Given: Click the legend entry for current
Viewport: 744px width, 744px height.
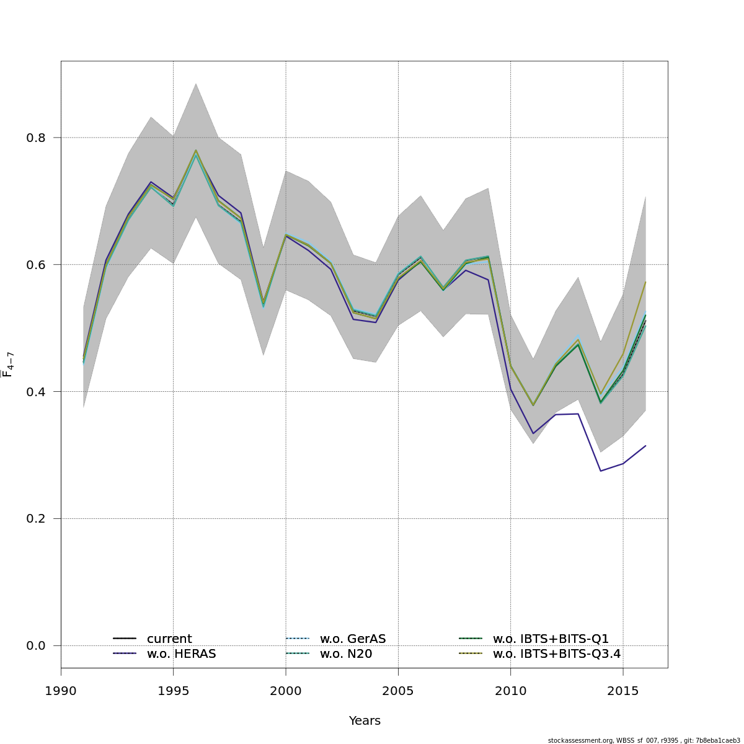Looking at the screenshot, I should click(x=169, y=639).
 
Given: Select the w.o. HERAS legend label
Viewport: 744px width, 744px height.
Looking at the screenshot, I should click(x=181, y=654).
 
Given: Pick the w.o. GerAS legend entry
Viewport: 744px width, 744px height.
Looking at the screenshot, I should click(x=352, y=639).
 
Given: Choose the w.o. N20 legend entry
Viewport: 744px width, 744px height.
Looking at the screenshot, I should click(x=345, y=654).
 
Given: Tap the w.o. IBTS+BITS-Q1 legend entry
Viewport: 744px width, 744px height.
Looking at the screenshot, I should click(x=551, y=639).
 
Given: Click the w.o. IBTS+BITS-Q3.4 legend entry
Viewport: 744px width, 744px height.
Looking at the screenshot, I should click(x=556, y=654).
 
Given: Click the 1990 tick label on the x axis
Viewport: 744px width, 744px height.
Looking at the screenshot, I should click(x=61, y=691).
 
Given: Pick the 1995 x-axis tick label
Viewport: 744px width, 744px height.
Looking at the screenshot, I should click(x=173, y=691).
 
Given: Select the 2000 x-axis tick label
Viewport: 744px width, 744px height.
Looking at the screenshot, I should click(x=286, y=691).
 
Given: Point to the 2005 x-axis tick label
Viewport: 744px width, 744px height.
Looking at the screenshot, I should click(x=398, y=691).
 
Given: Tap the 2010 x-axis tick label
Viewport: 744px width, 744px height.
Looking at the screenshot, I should click(x=510, y=691).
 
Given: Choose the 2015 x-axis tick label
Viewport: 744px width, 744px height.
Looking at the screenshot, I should click(x=623, y=691).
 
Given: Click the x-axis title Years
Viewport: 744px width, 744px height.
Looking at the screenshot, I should click(x=365, y=721).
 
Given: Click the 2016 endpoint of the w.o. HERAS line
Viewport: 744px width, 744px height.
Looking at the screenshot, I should click(x=645, y=446).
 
